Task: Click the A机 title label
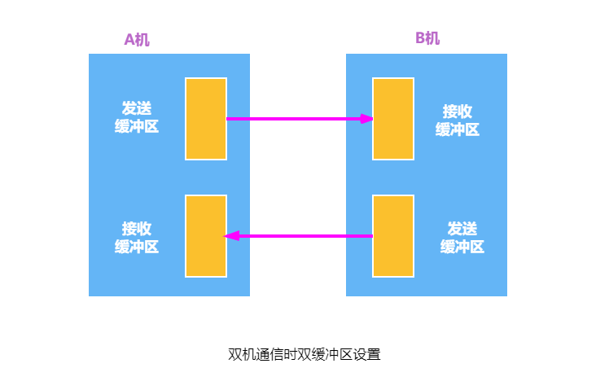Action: [x=137, y=39]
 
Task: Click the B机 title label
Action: [x=427, y=38]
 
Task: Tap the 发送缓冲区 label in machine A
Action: [x=137, y=117]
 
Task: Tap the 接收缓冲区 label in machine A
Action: [x=137, y=237]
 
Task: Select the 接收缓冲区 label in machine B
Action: [x=458, y=119]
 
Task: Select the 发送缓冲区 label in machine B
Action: [x=462, y=237]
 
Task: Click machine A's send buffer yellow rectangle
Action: [x=206, y=119]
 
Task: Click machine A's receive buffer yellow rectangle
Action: [x=206, y=236]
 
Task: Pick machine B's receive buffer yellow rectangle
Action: [x=393, y=119]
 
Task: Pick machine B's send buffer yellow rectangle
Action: [x=393, y=236]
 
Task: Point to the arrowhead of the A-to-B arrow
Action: [x=367, y=119]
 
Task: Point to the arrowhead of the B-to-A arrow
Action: [x=230, y=236]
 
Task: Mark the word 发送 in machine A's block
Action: [x=137, y=108]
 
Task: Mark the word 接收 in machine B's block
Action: [x=458, y=110]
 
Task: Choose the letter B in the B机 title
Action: [x=420, y=38]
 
